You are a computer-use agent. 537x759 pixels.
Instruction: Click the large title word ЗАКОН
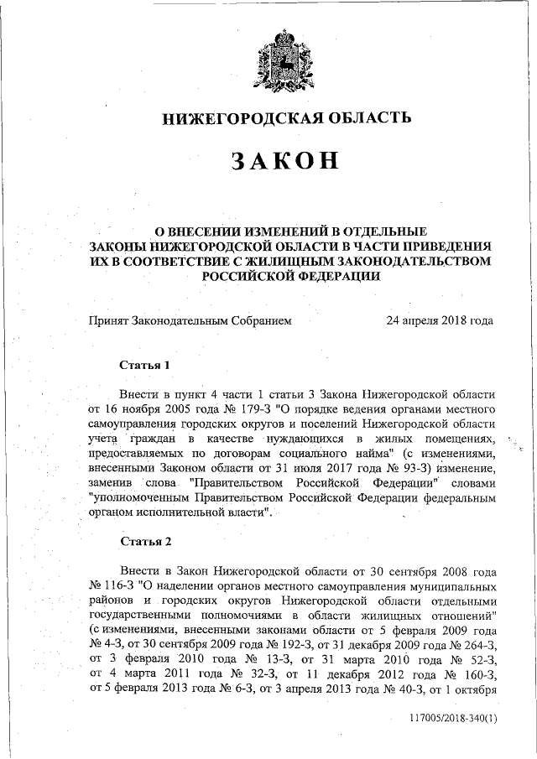(x=285, y=160)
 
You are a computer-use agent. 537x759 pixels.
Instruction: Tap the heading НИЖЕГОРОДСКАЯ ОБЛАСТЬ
(x=286, y=117)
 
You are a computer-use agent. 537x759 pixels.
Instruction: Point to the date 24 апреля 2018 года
(x=439, y=320)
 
